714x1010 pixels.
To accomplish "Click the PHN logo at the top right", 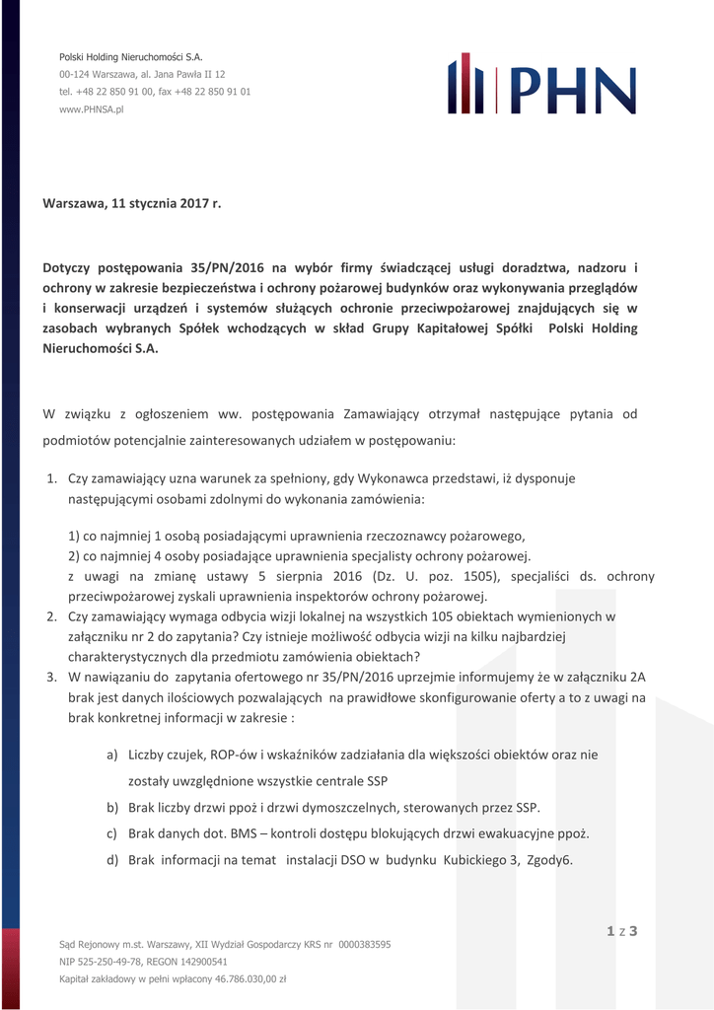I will coord(541,85).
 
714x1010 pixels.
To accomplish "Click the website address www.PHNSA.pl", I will coord(92,109).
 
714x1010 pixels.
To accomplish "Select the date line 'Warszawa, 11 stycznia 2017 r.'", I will coord(132,204).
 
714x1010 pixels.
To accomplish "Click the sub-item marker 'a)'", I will coord(112,755).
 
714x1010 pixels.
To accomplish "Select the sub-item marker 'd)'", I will coord(112,859).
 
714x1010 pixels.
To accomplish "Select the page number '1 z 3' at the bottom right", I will coord(623,931).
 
